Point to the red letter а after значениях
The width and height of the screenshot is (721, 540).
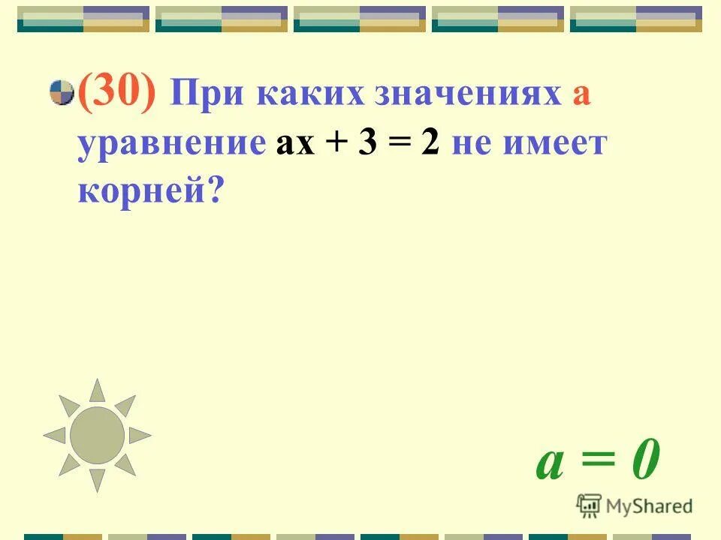click(x=581, y=98)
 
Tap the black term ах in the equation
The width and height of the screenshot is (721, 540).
click(x=295, y=144)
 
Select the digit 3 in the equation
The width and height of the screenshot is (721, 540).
click(x=367, y=144)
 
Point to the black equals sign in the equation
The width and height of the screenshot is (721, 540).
click(x=399, y=145)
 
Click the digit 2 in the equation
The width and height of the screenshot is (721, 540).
click(x=430, y=144)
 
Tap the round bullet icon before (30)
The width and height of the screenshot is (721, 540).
click(x=62, y=94)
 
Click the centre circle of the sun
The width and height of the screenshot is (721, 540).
click(x=97, y=435)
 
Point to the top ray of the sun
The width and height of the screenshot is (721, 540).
click(x=97, y=391)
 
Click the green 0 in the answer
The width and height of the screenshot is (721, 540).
click(x=644, y=462)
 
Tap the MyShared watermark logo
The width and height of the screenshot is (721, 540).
click(x=635, y=505)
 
